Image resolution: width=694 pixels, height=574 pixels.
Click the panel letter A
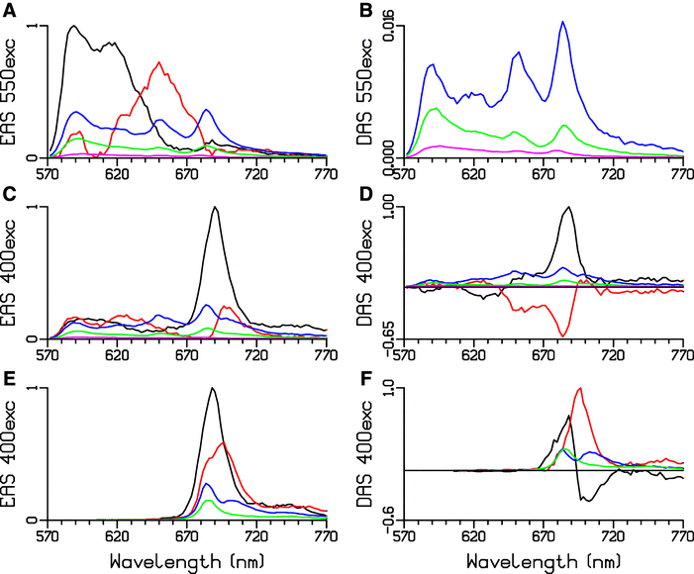click(8, 7)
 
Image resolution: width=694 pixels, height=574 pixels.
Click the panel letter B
click(364, 7)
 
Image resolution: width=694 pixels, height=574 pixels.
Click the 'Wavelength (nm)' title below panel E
click(187, 561)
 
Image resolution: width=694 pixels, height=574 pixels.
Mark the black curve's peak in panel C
click(215, 207)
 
